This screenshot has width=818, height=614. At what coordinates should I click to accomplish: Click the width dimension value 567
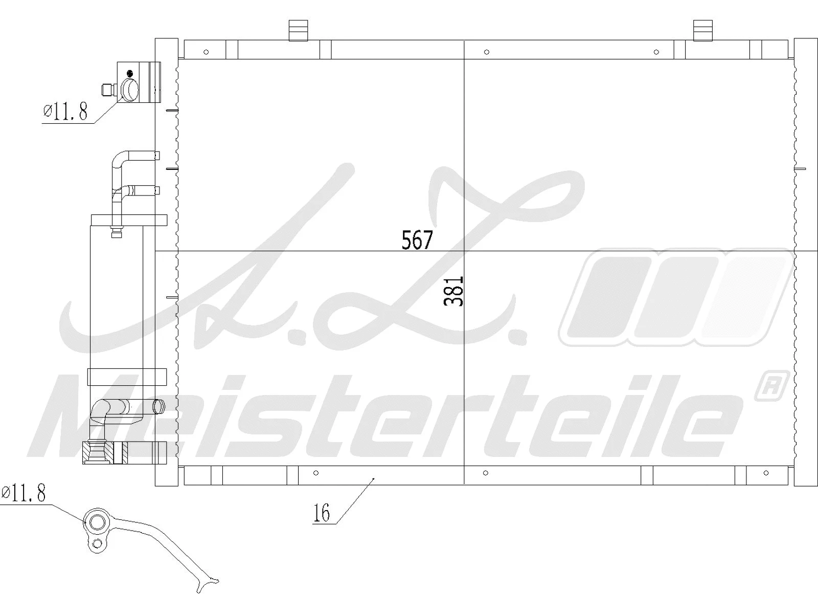417,240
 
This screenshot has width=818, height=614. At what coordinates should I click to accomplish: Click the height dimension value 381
454,291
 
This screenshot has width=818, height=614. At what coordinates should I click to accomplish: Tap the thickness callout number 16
322,513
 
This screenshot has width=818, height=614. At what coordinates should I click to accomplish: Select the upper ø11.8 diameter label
65,111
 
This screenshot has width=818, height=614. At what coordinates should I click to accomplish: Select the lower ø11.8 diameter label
24,493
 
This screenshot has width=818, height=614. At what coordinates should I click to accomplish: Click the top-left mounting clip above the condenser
298,30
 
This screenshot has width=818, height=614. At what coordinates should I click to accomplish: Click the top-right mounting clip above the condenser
702,30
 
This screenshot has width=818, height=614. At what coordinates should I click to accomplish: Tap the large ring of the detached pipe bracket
97,522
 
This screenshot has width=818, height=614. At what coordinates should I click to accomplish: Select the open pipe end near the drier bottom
160,407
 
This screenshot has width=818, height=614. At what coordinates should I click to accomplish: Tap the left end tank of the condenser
166,261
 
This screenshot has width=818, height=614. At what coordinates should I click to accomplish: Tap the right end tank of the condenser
805,261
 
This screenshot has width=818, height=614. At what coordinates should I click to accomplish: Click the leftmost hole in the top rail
206,52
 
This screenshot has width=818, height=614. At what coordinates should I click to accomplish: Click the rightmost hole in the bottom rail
766,473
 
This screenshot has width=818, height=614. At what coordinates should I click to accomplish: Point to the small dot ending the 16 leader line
374,478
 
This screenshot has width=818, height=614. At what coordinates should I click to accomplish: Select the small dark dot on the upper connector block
130,73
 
